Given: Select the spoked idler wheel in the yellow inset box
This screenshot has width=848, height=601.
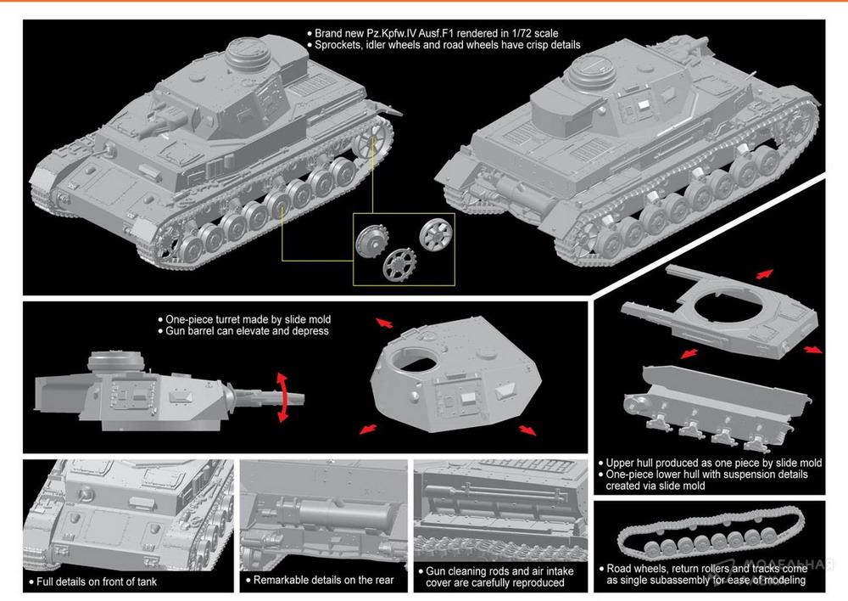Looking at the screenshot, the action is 435,234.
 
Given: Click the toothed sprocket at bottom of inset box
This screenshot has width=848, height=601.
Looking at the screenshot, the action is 399,265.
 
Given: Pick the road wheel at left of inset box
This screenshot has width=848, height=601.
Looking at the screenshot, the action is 372,241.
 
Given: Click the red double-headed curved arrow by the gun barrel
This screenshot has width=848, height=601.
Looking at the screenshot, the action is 282,397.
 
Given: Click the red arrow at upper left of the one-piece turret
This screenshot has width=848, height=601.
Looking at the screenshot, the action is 384,323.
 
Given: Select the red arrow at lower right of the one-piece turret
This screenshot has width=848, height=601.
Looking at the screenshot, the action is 527,430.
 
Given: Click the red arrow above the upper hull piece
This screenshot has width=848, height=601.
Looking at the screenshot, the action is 764,274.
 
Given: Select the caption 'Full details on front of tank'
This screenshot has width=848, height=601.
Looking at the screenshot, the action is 97,582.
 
